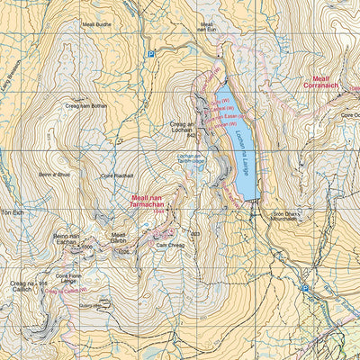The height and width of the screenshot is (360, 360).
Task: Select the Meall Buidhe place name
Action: tap(97, 25)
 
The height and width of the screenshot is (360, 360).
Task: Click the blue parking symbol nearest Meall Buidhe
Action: tap(151, 55)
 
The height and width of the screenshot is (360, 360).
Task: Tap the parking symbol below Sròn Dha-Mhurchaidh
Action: tap(305, 289)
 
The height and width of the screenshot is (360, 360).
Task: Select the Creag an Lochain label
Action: tap(183, 127)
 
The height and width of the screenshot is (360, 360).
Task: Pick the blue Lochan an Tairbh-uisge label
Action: tap(192, 158)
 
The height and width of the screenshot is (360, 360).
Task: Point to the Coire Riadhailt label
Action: tap(117, 175)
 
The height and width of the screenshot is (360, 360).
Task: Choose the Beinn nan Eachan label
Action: tap(71, 236)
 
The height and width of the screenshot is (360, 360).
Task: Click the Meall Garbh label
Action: tap(120, 238)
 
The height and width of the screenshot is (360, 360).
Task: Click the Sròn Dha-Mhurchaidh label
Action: tap(289, 217)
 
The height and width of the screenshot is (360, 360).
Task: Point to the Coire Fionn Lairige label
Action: tap(69, 279)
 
